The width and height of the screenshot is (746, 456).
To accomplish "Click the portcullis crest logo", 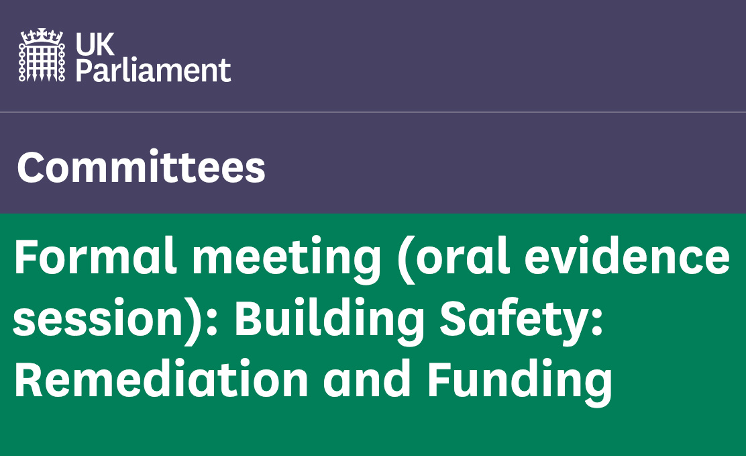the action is (42, 55).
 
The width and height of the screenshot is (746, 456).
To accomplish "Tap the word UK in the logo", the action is (95, 44).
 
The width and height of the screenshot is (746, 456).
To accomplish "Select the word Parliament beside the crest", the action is (153, 71).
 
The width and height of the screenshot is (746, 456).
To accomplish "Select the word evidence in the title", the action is (627, 257).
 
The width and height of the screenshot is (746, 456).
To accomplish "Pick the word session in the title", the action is (98, 318).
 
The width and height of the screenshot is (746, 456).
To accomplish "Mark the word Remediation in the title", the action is (161, 379).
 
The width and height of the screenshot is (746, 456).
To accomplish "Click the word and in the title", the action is (367, 379).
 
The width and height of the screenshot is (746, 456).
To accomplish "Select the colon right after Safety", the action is (598, 320).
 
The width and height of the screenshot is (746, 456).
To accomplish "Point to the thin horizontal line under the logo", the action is (373, 112).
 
